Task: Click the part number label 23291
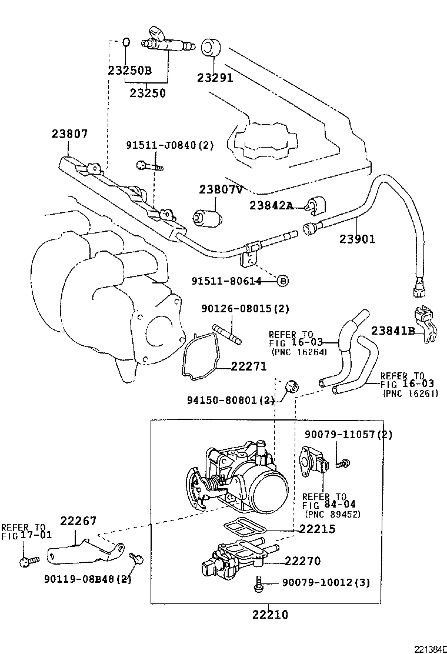click(215, 78)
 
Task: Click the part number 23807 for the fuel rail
click(69, 134)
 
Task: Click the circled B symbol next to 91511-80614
click(282, 281)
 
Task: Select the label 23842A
click(271, 205)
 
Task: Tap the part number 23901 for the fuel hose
click(357, 239)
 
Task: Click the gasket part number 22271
click(249, 366)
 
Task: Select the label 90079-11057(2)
click(348, 435)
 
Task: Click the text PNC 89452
click(332, 514)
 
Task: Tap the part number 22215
click(317, 529)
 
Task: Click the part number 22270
click(302, 561)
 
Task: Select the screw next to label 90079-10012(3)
click(258, 583)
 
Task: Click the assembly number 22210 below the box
click(270, 615)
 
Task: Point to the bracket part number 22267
click(79, 521)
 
